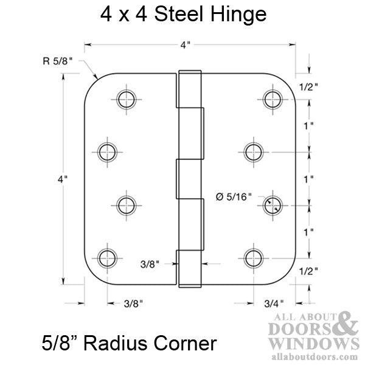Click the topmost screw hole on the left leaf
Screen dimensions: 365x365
pyautogui.click(x=126, y=99)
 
